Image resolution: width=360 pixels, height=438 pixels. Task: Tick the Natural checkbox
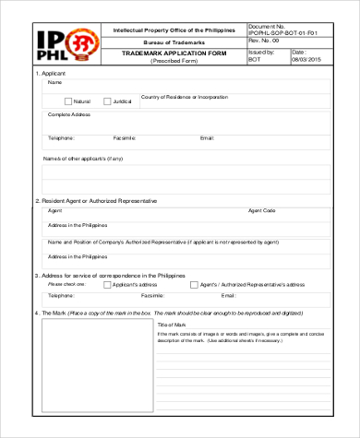point(68,101)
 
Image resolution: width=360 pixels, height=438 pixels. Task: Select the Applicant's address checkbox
point(106,285)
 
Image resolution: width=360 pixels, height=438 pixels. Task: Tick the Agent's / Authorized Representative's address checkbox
point(193,285)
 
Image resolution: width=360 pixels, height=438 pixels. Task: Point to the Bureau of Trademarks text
point(174,42)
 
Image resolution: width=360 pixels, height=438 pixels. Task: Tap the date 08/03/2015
point(305,60)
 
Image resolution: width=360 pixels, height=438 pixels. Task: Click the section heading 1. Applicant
point(51,73)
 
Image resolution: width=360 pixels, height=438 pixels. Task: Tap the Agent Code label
point(262,210)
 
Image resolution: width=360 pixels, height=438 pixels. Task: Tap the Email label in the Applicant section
point(207,138)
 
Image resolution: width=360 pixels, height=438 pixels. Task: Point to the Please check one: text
point(66,285)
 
